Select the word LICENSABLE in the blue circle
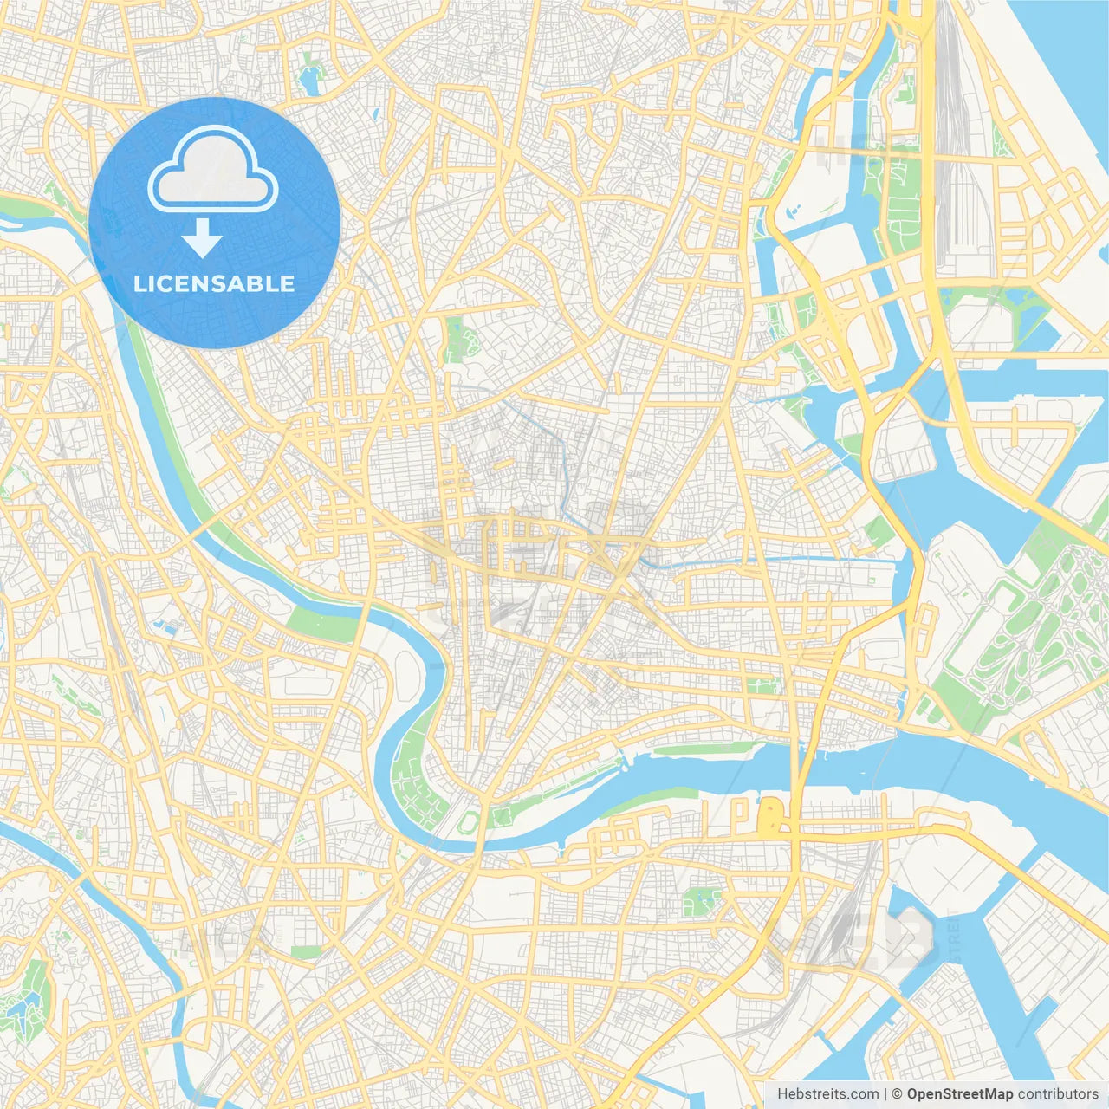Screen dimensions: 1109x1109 click(214, 283)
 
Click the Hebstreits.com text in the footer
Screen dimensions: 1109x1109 click(827, 1094)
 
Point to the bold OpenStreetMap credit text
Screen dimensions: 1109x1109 click(960, 1094)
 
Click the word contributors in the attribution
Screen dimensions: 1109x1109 click(1058, 1094)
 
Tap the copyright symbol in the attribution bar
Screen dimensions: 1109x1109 click(898, 1094)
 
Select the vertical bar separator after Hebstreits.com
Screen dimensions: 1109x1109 click(885, 1094)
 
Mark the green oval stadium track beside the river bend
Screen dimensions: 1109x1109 click(469, 821)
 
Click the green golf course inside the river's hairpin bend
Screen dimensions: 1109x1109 click(414, 784)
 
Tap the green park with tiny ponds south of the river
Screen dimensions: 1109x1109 click(698, 901)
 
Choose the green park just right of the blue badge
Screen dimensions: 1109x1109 click(455, 339)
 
